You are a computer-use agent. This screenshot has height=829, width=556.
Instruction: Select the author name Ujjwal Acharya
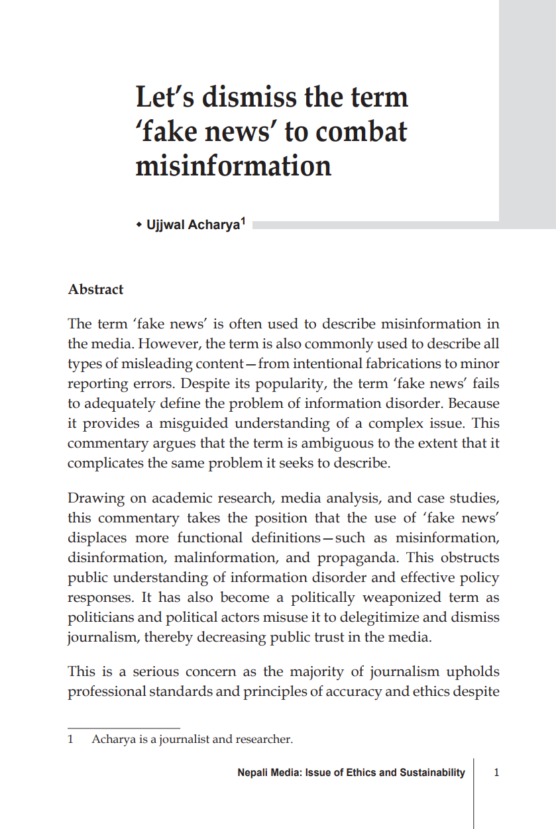click(192, 225)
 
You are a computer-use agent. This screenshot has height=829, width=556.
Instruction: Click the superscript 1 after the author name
click(243, 222)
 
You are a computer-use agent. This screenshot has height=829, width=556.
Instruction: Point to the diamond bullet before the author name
click(139, 225)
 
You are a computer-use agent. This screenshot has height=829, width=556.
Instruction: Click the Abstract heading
click(95, 289)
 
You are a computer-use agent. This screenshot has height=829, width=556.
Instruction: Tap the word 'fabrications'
click(407, 364)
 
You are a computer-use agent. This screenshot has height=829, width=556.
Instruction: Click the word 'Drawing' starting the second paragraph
click(92, 497)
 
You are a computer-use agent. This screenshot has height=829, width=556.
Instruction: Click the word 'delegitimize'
click(384, 616)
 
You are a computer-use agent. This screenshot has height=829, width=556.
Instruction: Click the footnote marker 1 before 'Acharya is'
click(70, 739)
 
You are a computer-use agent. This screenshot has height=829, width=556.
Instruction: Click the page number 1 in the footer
click(497, 772)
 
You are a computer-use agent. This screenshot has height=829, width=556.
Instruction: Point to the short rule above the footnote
click(123, 728)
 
